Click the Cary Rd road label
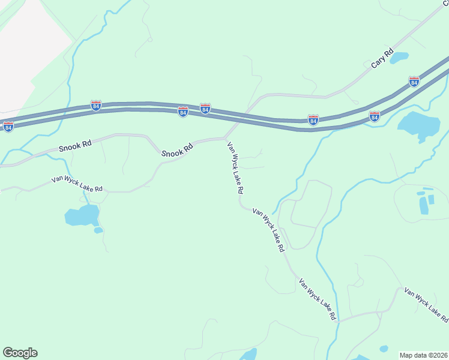[382, 57]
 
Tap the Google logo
[20, 353]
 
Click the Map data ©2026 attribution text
[424, 355]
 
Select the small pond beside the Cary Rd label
[399, 58]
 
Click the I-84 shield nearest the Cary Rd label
[414, 81]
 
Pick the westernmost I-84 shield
[8, 127]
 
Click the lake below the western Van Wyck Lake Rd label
[82, 215]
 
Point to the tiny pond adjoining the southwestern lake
[98, 230]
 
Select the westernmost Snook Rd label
[75, 146]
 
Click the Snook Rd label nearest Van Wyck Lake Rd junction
[177, 150]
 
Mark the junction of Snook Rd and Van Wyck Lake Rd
[224, 138]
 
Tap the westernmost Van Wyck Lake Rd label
[77, 183]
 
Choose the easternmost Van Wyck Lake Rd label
[426, 303]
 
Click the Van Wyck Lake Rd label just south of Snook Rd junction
[235, 167]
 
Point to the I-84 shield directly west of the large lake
[374, 116]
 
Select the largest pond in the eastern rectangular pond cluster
[424, 205]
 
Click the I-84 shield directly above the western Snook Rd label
[96, 106]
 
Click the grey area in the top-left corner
[30, 48]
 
